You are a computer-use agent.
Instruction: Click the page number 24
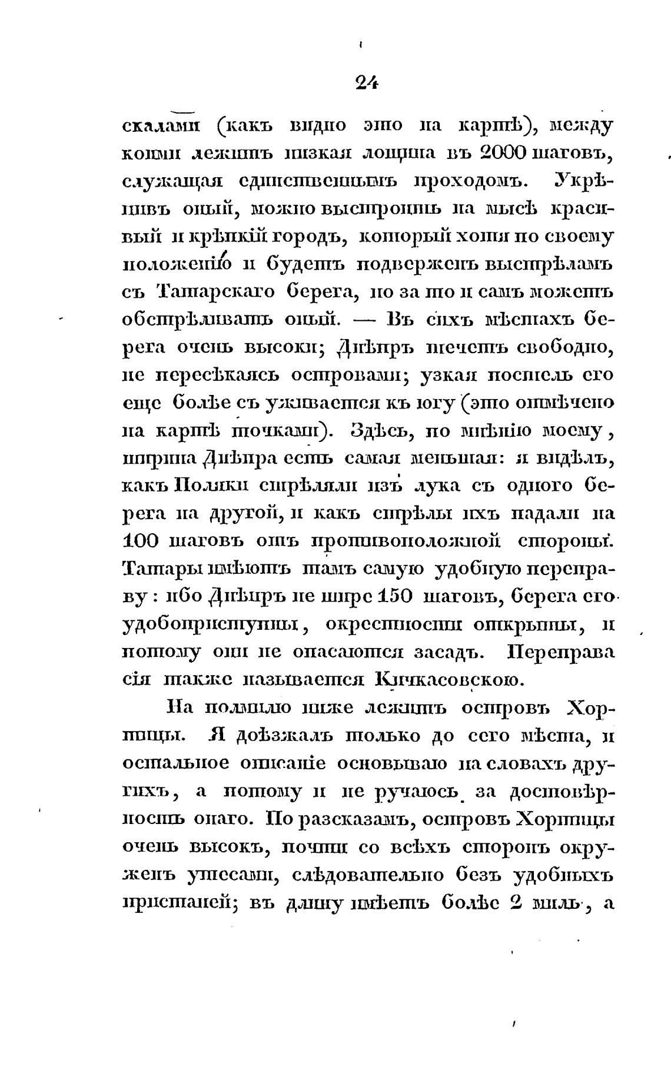coord(366,83)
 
